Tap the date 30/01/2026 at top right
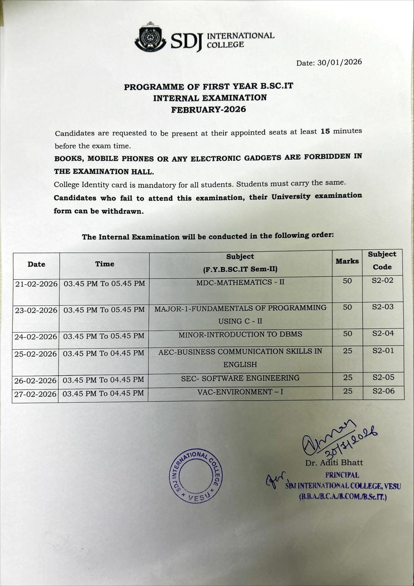(x=339, y=62)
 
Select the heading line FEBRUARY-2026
(x=209, y=109)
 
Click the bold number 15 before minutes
(x=325, y=131)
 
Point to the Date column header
(x=36, y=264)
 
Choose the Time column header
(x=105, y=264)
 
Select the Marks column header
(x=347, y=261)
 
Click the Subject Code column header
(x=382, y=260)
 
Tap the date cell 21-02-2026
(x=36, y=284)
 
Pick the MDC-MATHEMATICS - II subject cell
(x=240, y=282)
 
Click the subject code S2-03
(x=382, y=307)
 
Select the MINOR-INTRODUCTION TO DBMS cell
(x=240, y=334)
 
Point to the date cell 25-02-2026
(x=35, y=354)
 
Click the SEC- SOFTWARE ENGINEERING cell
(x=240, y=378)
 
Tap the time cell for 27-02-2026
(x=103, y=393)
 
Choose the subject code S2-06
(x=383, y=391)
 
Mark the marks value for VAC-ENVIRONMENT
(x=348, y=391)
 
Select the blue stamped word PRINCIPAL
(x=342, y=475)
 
